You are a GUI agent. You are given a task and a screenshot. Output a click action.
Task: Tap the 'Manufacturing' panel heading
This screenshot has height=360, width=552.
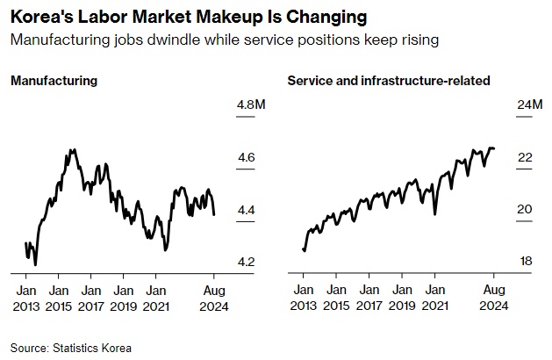click(54, 81)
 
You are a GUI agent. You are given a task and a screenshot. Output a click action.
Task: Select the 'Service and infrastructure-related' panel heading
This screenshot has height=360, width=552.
click(389, 81)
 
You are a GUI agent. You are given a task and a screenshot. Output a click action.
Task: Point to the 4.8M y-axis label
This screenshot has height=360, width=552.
click(252, 106)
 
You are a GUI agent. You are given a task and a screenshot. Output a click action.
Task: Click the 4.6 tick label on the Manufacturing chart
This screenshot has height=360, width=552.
click(246, 158)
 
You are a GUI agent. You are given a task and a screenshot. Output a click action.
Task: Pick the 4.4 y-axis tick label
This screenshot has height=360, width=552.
click(246, 211)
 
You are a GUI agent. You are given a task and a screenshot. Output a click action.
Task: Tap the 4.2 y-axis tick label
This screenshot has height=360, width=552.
click(246, 263)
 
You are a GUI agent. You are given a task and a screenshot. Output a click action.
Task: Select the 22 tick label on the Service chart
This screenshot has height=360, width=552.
click(524, 158)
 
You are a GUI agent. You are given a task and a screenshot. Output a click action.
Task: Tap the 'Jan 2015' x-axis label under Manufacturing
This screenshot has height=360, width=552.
click(59, 297)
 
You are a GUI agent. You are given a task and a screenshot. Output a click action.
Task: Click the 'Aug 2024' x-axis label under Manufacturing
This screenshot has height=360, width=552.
click(214, 297)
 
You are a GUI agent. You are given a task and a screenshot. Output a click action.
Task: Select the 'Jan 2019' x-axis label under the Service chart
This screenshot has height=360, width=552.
click(401, 297)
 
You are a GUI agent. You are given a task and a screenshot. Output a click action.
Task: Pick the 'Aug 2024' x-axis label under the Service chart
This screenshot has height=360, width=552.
click(493, 297)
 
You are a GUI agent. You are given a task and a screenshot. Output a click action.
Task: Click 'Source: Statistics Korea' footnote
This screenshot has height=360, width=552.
click(71, 348)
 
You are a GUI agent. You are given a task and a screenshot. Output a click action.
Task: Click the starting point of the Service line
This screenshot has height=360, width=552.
click(303, 250)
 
